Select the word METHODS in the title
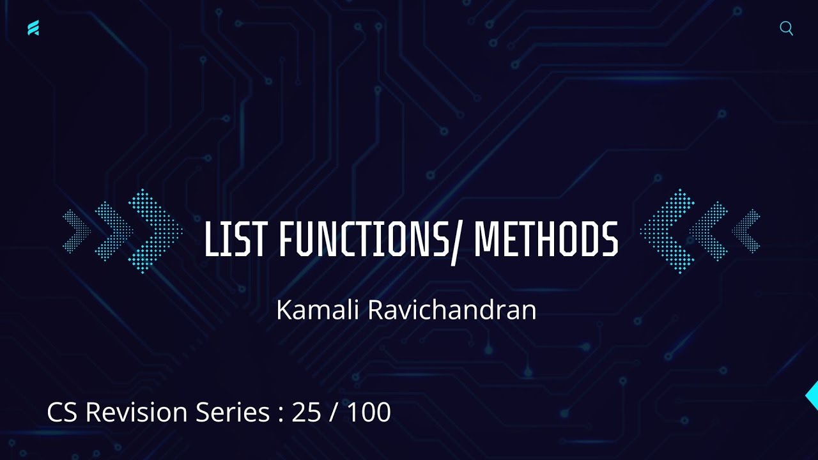click(x=546, y=240)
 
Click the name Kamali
click(x=318, y=310)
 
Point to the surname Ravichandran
click(x=451, y=310)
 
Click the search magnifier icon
click(x=787, y=29)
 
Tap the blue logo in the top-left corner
click(x=33, y=28)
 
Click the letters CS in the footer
click(x=63, y=412)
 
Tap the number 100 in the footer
click(x=369, y=412)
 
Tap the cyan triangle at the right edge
click(x=812, y=395)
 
